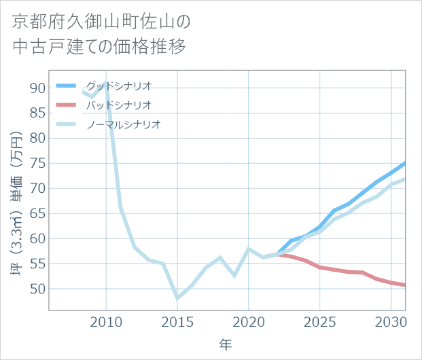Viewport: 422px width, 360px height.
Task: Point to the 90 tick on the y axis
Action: (x=37, y=88)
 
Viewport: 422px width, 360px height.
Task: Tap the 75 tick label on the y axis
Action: (x=37, y=163)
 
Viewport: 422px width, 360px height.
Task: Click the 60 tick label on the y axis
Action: (x=37, y=238)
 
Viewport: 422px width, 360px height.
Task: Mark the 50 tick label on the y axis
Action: (x=37, y=289)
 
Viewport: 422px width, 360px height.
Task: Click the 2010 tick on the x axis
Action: (x=106, y=321)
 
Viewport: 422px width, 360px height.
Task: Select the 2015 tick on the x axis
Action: (x=177, y=321)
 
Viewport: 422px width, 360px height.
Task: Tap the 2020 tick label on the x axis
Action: (x=249, y=321)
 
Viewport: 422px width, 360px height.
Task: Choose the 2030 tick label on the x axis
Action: (x=391, y=321)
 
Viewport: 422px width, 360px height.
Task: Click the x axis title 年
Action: (x=226, y=345)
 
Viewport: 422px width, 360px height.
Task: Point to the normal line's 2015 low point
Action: (x=177, y=298)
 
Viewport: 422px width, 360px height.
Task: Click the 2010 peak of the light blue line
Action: (x=105, y=83)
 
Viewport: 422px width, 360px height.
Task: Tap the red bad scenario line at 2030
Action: (x=391, y=283)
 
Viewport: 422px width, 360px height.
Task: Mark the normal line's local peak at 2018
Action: (x=220, y=258)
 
